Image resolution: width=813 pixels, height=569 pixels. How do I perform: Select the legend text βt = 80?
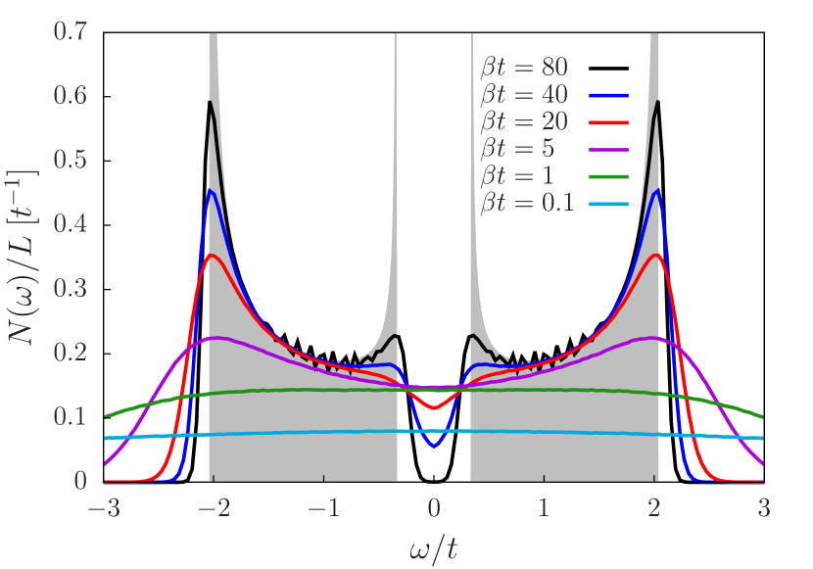[525, 68]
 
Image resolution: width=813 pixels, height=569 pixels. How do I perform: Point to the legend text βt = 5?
[518, 149]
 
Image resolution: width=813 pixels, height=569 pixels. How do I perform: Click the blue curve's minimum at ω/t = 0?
[435, 448]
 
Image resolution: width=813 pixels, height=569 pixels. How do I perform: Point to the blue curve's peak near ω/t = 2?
[656, 191]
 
